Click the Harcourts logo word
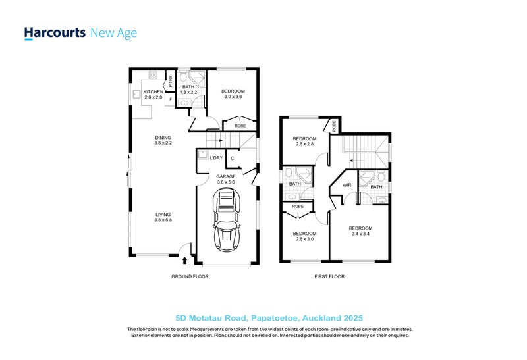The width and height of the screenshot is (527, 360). (x=55, y=33)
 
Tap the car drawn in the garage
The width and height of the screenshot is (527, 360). (x=227, y=220)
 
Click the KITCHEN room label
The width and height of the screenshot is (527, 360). (x=153, y=92)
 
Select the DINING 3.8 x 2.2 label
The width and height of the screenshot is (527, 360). (x=163, y=140)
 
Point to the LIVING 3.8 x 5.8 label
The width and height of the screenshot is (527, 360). (x=163, y=217)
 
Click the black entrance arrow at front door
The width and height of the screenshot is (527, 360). (x=184, y=260)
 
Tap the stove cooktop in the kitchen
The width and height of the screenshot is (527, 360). (x=153, y=75)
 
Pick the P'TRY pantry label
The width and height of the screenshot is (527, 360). (x=171, y=81)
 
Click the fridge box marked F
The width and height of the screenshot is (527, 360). (x=170, y=99)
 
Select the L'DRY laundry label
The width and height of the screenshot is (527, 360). (x=216, y=158)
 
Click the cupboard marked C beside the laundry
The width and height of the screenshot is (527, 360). (x=233, y=159)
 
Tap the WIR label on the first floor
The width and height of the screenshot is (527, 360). (x=347, y=185)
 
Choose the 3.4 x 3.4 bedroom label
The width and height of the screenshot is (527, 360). (x=360, y=231)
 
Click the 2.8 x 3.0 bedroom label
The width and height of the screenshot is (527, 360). (x=304, y=236)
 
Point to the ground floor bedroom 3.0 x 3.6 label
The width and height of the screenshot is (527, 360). (x=233, y=93)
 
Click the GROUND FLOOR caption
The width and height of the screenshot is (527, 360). (x=190, y=276)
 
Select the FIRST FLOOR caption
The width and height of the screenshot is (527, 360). (x=329, y=276)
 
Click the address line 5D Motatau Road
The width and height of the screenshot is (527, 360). (x=269, y=318)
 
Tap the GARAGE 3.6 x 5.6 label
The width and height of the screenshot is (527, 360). (x=226, y=179)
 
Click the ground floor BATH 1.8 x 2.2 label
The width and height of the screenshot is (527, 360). (x=188, y=90)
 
